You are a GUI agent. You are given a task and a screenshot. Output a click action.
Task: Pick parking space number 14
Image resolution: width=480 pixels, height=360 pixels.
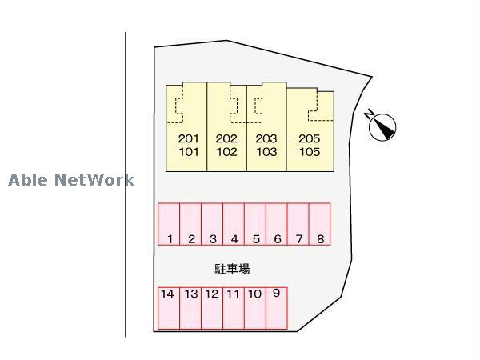click(167, 308)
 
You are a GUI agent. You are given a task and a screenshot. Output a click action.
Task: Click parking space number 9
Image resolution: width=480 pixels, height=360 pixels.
click(277, 308)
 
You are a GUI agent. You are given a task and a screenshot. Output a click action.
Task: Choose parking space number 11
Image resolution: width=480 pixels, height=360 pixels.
click(233, 308)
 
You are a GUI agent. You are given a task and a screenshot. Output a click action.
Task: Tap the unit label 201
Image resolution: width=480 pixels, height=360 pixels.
click(188, 138)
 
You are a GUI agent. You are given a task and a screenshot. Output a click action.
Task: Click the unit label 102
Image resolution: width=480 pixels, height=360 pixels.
click(227, 152)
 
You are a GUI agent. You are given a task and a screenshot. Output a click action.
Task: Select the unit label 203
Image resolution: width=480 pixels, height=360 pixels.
click(266, 138)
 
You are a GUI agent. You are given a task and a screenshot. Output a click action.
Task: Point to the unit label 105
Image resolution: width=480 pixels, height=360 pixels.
click(310, 152)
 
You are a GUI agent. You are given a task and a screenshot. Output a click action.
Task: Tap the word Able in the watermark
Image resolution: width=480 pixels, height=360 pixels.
click(29, 180)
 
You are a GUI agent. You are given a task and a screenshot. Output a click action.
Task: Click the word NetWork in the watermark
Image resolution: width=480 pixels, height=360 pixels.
click(94, 180)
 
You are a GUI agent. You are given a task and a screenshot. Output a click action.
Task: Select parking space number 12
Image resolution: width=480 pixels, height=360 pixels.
click(211, 308)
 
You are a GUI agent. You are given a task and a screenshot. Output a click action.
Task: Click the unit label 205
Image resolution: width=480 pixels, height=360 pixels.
click(310, 138)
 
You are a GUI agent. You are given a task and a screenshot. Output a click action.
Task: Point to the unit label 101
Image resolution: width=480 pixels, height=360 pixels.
click(188, 152)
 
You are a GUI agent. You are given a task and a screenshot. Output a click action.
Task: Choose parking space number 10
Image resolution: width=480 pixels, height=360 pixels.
click(254, 308)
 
